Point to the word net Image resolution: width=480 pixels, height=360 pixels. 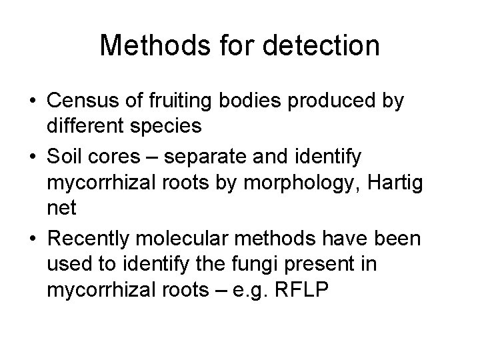tap(59, 208)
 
